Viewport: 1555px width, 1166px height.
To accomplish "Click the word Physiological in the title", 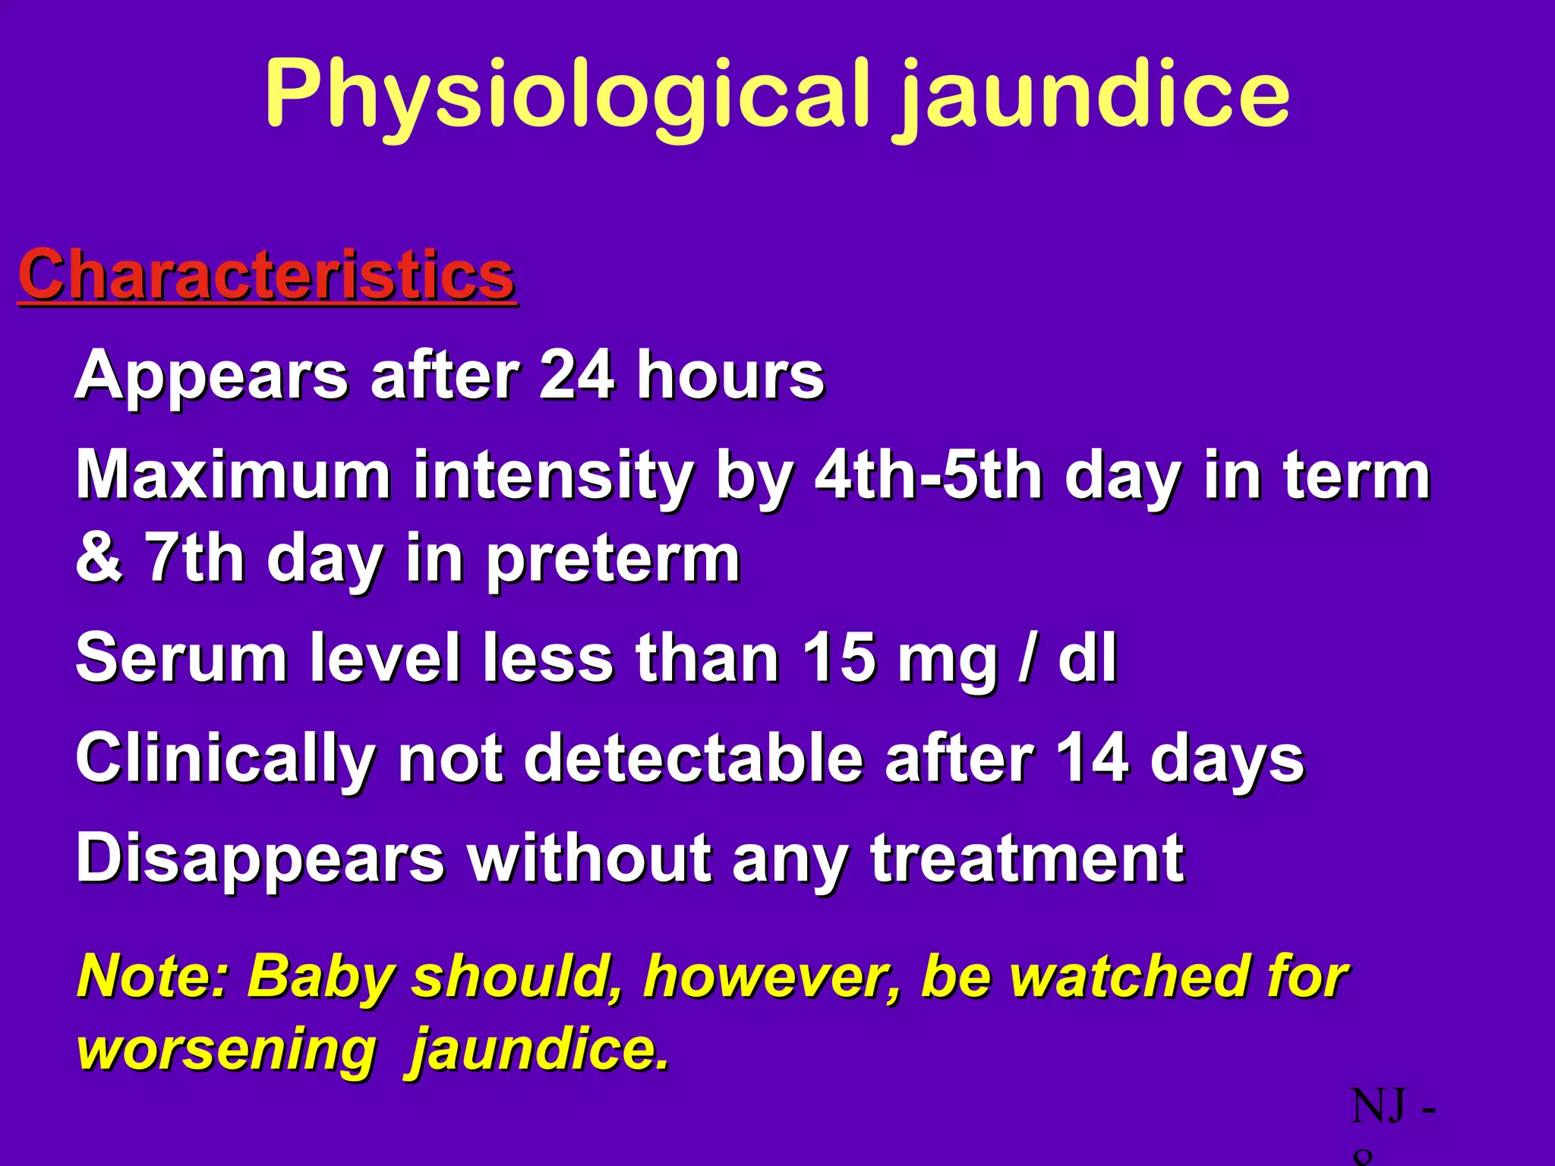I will point(566,95).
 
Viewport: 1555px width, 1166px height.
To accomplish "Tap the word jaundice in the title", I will point(1093,95).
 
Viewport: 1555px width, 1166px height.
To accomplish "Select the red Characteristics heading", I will point(267,275).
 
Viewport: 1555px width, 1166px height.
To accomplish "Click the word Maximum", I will point(233,476).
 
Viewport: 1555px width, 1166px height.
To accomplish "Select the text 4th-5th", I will point(929,476).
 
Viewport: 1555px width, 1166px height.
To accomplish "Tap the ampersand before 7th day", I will point(99,558).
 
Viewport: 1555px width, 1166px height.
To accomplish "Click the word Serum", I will point(181,657).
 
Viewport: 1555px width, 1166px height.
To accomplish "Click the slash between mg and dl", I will point(1027,659).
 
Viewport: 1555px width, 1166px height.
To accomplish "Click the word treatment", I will point(1027,859).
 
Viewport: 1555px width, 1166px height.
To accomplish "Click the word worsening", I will point(226,1049).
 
